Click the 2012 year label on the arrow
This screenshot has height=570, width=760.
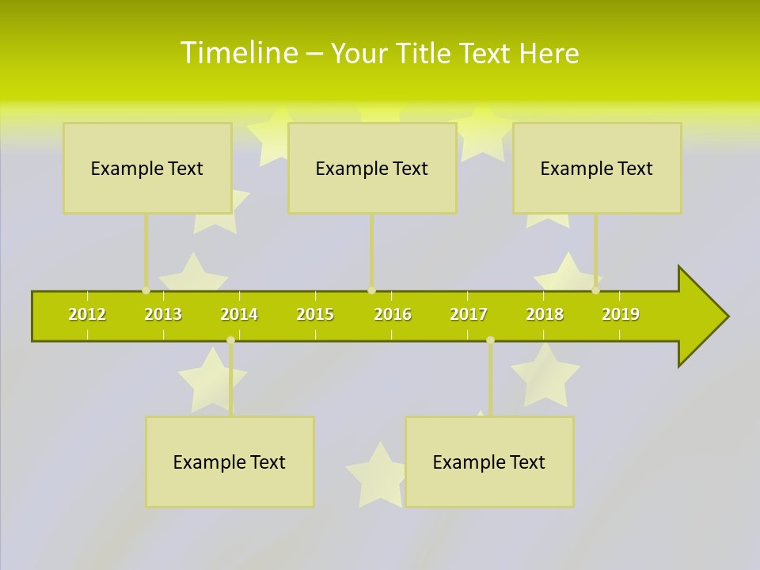(87, 314)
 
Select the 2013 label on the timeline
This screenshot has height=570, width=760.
(163, 314)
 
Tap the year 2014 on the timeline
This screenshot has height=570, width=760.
(239, 314)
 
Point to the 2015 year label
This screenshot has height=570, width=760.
(315, 314)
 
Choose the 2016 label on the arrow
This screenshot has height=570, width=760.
(393, 314)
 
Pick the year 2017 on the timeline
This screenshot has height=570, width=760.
(469, 314)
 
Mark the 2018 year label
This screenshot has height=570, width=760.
(545, 314)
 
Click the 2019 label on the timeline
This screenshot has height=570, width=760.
(621, 314)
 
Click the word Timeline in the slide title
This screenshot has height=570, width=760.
(238, 52)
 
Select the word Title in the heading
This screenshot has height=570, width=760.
(423, 53)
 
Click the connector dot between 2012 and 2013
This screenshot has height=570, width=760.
(146, 291)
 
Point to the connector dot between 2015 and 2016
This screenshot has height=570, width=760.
(371, 291)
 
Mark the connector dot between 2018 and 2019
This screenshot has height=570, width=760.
(596, 291)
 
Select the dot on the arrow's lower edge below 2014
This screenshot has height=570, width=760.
(230, 340)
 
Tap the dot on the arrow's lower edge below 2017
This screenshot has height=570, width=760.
(490, 340)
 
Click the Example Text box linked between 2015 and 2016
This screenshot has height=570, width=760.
(372, 168)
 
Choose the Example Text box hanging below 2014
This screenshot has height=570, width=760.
(230, 462)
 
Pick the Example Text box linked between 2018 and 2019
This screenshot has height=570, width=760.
(597, 168)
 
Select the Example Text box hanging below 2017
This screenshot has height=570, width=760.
(489, 462)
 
